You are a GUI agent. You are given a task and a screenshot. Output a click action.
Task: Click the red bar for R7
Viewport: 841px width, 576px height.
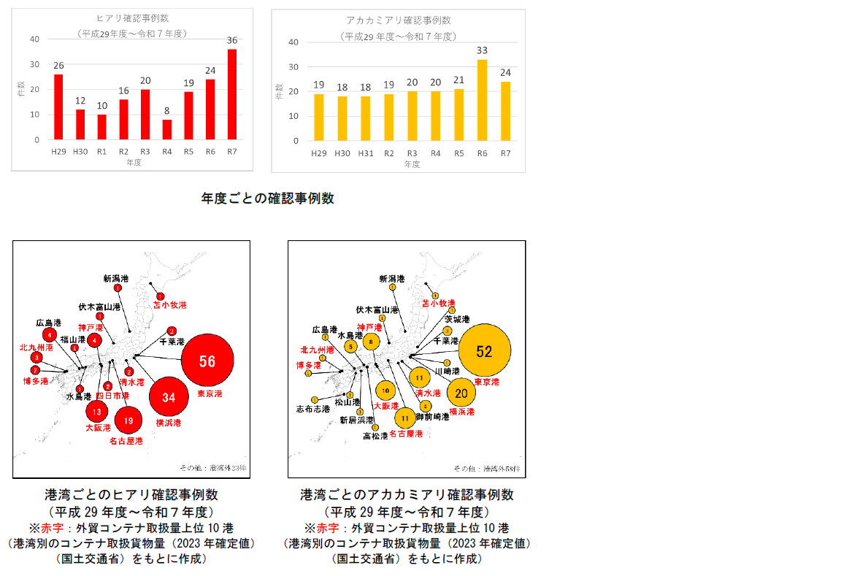[232, 94]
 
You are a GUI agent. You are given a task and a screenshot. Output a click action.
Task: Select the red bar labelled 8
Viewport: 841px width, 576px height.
[167, 129]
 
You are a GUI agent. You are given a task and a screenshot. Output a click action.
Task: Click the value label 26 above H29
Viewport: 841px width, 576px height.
[58, 66]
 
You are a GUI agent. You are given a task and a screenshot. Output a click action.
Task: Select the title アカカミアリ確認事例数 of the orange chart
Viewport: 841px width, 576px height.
[398, 20]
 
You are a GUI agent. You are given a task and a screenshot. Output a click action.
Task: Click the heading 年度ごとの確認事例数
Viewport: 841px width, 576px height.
[267, 198]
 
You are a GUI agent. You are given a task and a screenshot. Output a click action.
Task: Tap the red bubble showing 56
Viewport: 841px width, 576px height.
[207, 361]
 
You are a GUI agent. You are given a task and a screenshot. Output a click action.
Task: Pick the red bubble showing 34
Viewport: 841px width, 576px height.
[169, 398]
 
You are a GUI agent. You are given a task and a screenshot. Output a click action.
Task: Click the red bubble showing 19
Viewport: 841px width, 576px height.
[128, 421]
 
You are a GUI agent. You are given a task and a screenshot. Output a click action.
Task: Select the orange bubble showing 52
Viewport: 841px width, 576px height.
[484, 351]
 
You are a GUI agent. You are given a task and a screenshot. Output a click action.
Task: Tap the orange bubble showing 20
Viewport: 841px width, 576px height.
[461, 393]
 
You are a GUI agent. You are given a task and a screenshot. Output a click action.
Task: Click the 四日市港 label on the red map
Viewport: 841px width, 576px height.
[114, 396]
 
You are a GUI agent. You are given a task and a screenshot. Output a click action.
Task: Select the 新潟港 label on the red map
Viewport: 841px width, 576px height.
[116, 278]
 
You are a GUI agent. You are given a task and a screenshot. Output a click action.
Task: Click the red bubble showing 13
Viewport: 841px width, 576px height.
[97, 412]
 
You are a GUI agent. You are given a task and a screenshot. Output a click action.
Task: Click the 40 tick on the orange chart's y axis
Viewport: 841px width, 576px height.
[294, 42]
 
